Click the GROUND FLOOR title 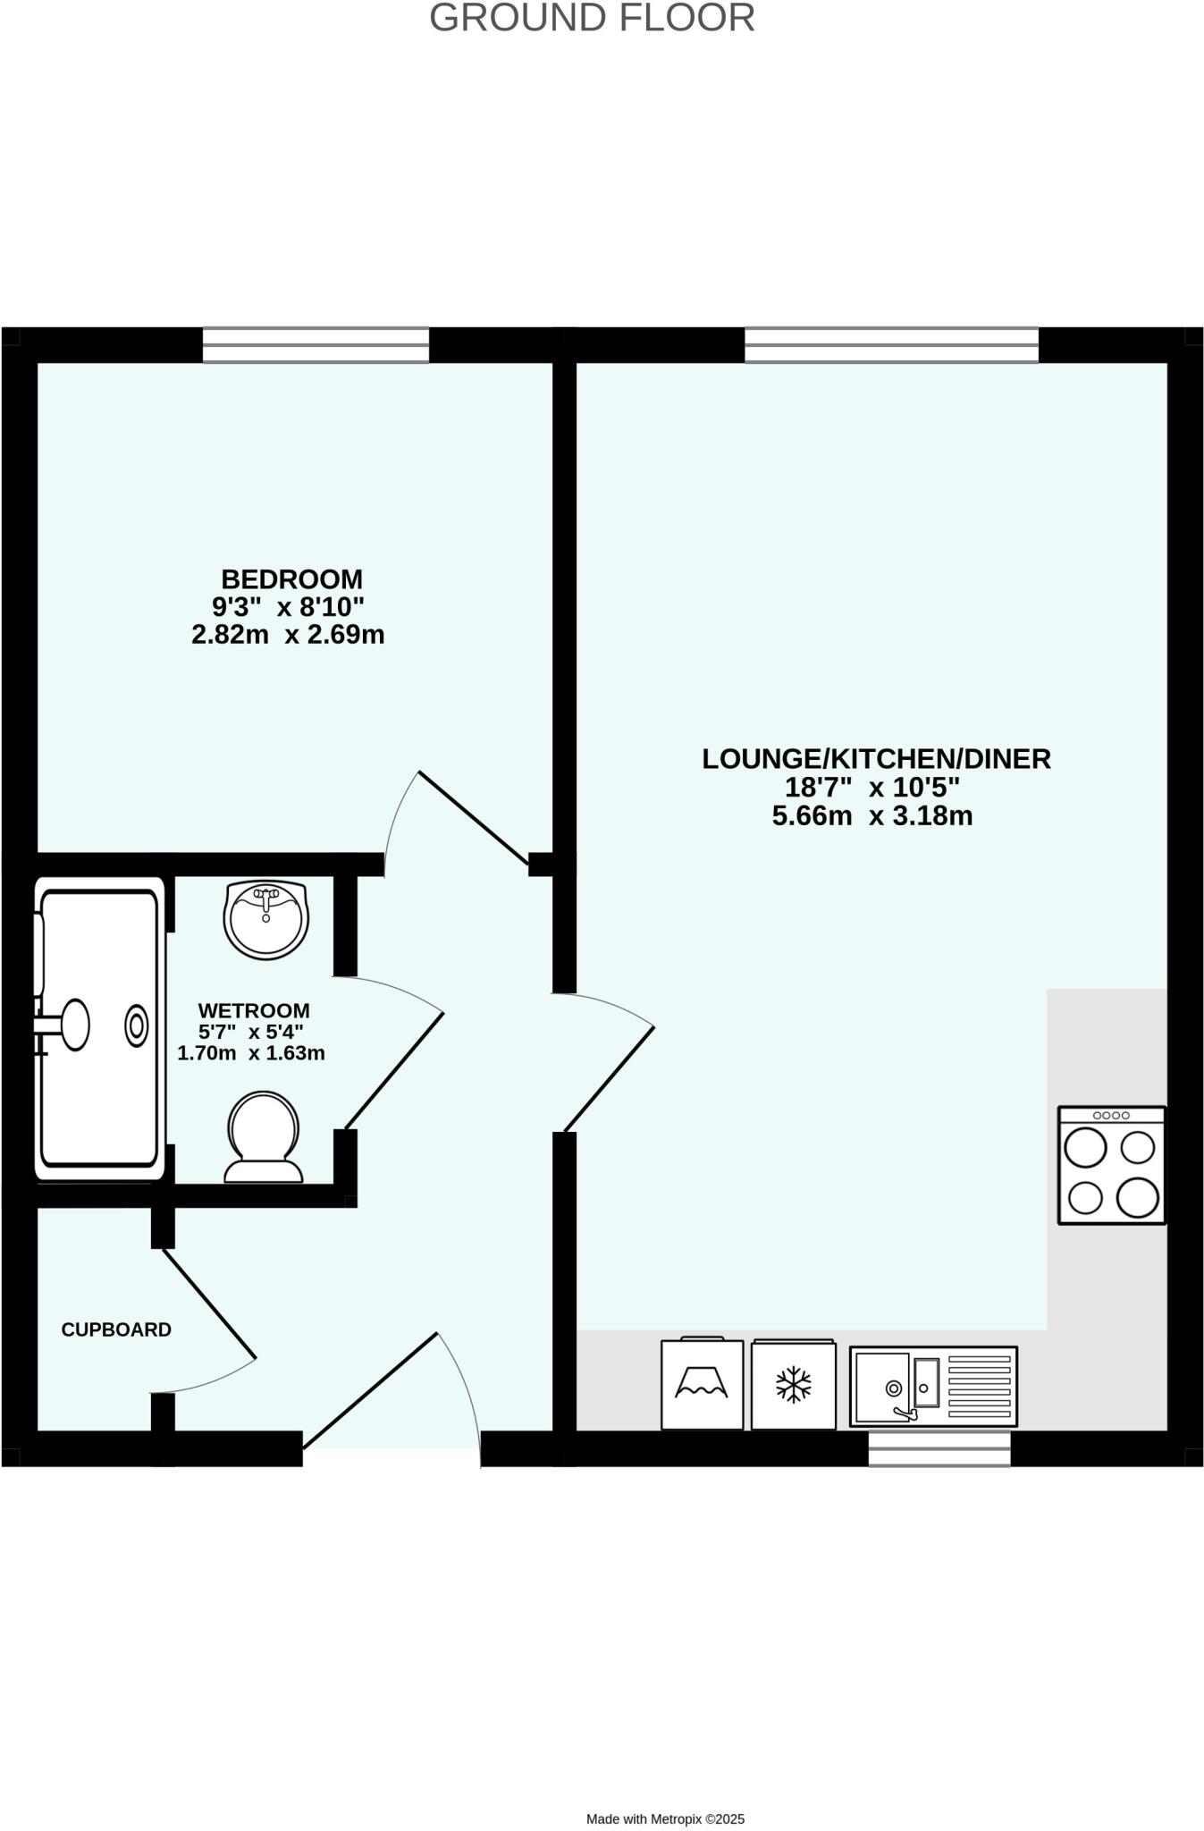point(592,19)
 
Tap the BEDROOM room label point(291,578)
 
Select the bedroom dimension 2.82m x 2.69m point(288,635)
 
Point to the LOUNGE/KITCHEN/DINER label point(876,759)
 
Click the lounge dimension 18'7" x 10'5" point(871,788)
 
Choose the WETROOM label point(254,1010)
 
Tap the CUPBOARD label point(116,1329)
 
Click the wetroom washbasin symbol point(265,920)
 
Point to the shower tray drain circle point(137,1026)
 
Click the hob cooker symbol point(1111,1165)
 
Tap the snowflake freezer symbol point(793,1385)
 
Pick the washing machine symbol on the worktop point(702,1383)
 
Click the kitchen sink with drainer point(933,1386)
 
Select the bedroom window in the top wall point(316,345)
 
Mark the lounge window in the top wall point(891,345)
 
